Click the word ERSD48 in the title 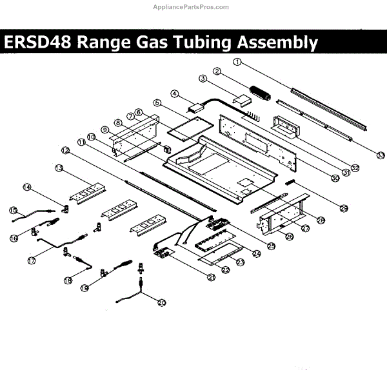click(37, 43)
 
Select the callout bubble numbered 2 click(218, 70)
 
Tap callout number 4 click(175, 93)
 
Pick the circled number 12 click(64, 150)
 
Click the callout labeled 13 click(58, 168)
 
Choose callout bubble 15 click(12, 210)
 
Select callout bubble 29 click(344, 207)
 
